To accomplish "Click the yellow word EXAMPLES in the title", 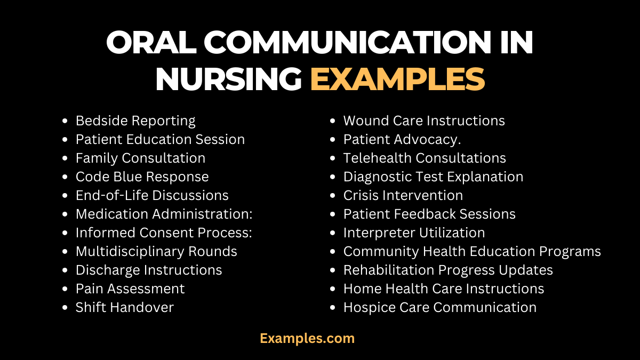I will point(397,79).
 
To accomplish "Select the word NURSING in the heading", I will point(228,79).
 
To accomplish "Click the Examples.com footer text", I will point(307,338).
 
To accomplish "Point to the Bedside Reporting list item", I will point(135,121).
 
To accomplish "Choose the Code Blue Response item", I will point(142,177).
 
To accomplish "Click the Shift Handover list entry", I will point(124,307).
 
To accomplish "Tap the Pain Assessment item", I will point(130,289).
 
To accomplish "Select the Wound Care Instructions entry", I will point(423,121).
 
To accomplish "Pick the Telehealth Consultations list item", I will point(425,158).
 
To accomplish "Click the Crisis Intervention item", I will point(403,195).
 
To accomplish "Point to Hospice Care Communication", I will point(439,307).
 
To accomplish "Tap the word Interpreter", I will point(377,233).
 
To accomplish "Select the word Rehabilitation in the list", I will point(386,270).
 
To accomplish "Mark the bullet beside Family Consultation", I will point(65,158).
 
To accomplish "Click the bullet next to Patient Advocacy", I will point(333,140).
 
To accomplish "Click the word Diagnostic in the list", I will point(378,177).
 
